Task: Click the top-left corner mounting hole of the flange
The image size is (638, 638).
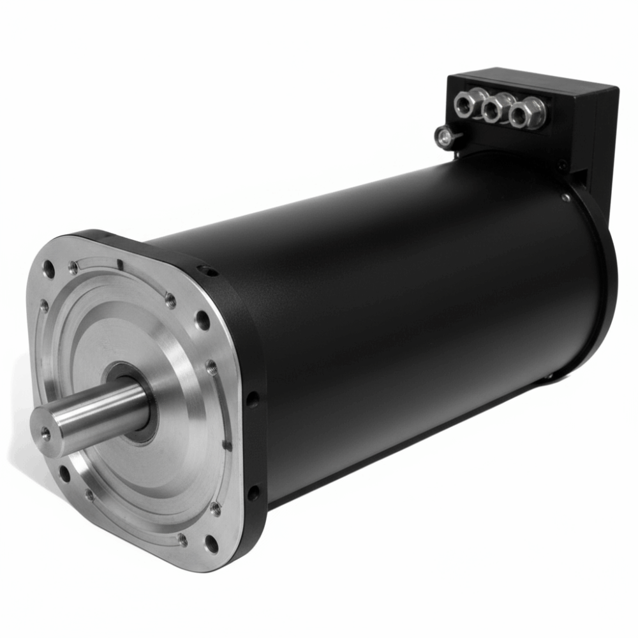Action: coord(48,270)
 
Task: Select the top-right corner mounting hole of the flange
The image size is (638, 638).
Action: coord(202,320)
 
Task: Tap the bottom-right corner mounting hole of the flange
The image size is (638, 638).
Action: coord(211,544)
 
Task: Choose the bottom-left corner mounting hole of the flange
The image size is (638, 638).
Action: coord(64,473)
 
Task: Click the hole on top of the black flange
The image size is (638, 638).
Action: coord(206,271)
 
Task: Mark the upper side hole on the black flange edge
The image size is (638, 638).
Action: coord(253,400)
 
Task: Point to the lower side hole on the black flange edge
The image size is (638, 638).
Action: coord(253,493)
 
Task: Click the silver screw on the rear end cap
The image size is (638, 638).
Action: coord(566,197)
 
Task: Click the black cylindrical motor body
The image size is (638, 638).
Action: coord(415,306)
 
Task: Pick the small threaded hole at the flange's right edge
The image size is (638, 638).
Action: coord(211,368)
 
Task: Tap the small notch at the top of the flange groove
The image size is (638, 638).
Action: coord(119,263)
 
